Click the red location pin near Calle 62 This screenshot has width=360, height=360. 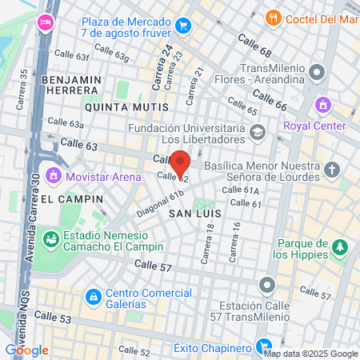tap(180, 162)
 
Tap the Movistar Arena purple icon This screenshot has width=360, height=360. tap(54, 174)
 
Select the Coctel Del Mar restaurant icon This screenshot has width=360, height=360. tap(273, 17)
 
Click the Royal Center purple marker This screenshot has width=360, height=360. tap(323, 105)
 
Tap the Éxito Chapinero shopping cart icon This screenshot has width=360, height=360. tap(262, 347)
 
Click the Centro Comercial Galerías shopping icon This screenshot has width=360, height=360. tap(94, 297)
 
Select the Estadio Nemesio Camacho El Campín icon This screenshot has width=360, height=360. tap(51, 238)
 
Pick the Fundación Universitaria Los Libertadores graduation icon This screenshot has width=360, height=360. tap(257, 131)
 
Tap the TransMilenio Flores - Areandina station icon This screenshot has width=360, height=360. tap(317, 74)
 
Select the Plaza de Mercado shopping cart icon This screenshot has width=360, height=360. tap(184, 25)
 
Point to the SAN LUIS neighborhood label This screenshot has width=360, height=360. tap(190, 214)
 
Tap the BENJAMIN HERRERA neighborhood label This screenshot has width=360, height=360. tap(72, 86)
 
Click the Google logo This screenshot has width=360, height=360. tap(26, 350)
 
